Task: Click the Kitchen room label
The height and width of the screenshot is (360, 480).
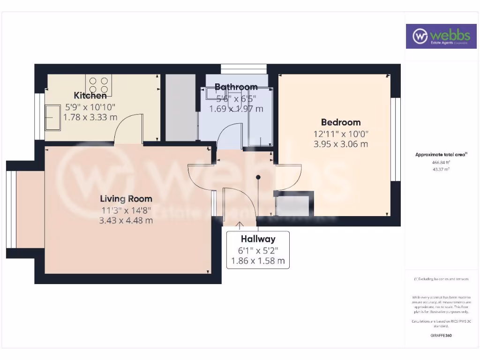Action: pos(90,96)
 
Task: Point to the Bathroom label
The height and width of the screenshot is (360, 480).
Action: pos(236,87)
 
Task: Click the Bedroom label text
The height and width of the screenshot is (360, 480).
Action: pos(341,122)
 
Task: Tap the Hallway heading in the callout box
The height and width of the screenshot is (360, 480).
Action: pos(258,239)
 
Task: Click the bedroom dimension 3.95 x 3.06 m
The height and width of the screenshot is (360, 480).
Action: pos(341,144)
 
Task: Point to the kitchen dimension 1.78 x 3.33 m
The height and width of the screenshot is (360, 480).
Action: pos(90,117)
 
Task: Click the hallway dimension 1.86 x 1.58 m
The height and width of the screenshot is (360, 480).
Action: pos(258,261)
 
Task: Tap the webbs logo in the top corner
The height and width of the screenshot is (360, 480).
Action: pos(438,36)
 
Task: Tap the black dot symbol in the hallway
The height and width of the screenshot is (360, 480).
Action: pos(258,177)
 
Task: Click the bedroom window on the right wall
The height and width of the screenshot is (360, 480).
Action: pos(396,139)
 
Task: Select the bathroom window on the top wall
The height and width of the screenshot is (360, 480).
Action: pos(244,68)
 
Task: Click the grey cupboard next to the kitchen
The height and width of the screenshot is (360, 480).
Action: pos(180,107)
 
